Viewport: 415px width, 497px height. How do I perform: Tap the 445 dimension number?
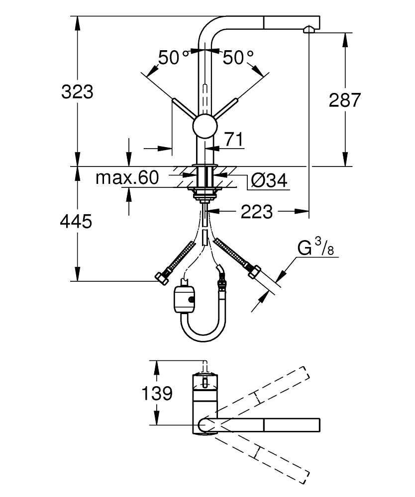[x=76, y=222]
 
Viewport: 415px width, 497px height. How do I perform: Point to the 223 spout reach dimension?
[x=257, y=212]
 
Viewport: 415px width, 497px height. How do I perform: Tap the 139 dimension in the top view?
[x=157, y=394]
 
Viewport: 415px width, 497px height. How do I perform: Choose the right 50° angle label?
[x=237, y=58]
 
